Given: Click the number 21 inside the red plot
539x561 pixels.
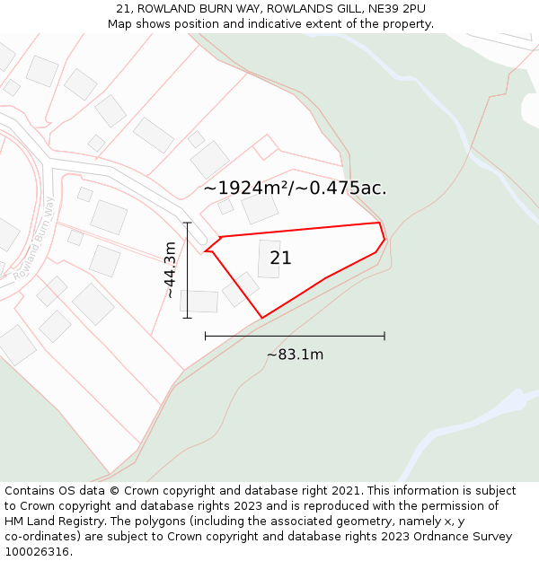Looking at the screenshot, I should coord(280,259).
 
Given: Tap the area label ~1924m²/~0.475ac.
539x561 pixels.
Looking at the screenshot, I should coord(295,188).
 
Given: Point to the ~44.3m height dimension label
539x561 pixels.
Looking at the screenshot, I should coord(169,269).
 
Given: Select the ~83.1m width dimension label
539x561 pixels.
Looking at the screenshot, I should coord(295,355).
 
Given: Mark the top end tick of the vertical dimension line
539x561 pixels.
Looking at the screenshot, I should coord(187,223).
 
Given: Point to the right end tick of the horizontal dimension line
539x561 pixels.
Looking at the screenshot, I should coord(384,336).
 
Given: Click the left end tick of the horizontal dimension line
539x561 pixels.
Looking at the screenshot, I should coord(206,336).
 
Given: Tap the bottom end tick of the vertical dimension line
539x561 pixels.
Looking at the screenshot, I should coord(187,318).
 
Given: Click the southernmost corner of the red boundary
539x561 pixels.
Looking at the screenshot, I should coord(261,318).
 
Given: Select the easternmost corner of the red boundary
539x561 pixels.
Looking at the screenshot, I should coord(384,240).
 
